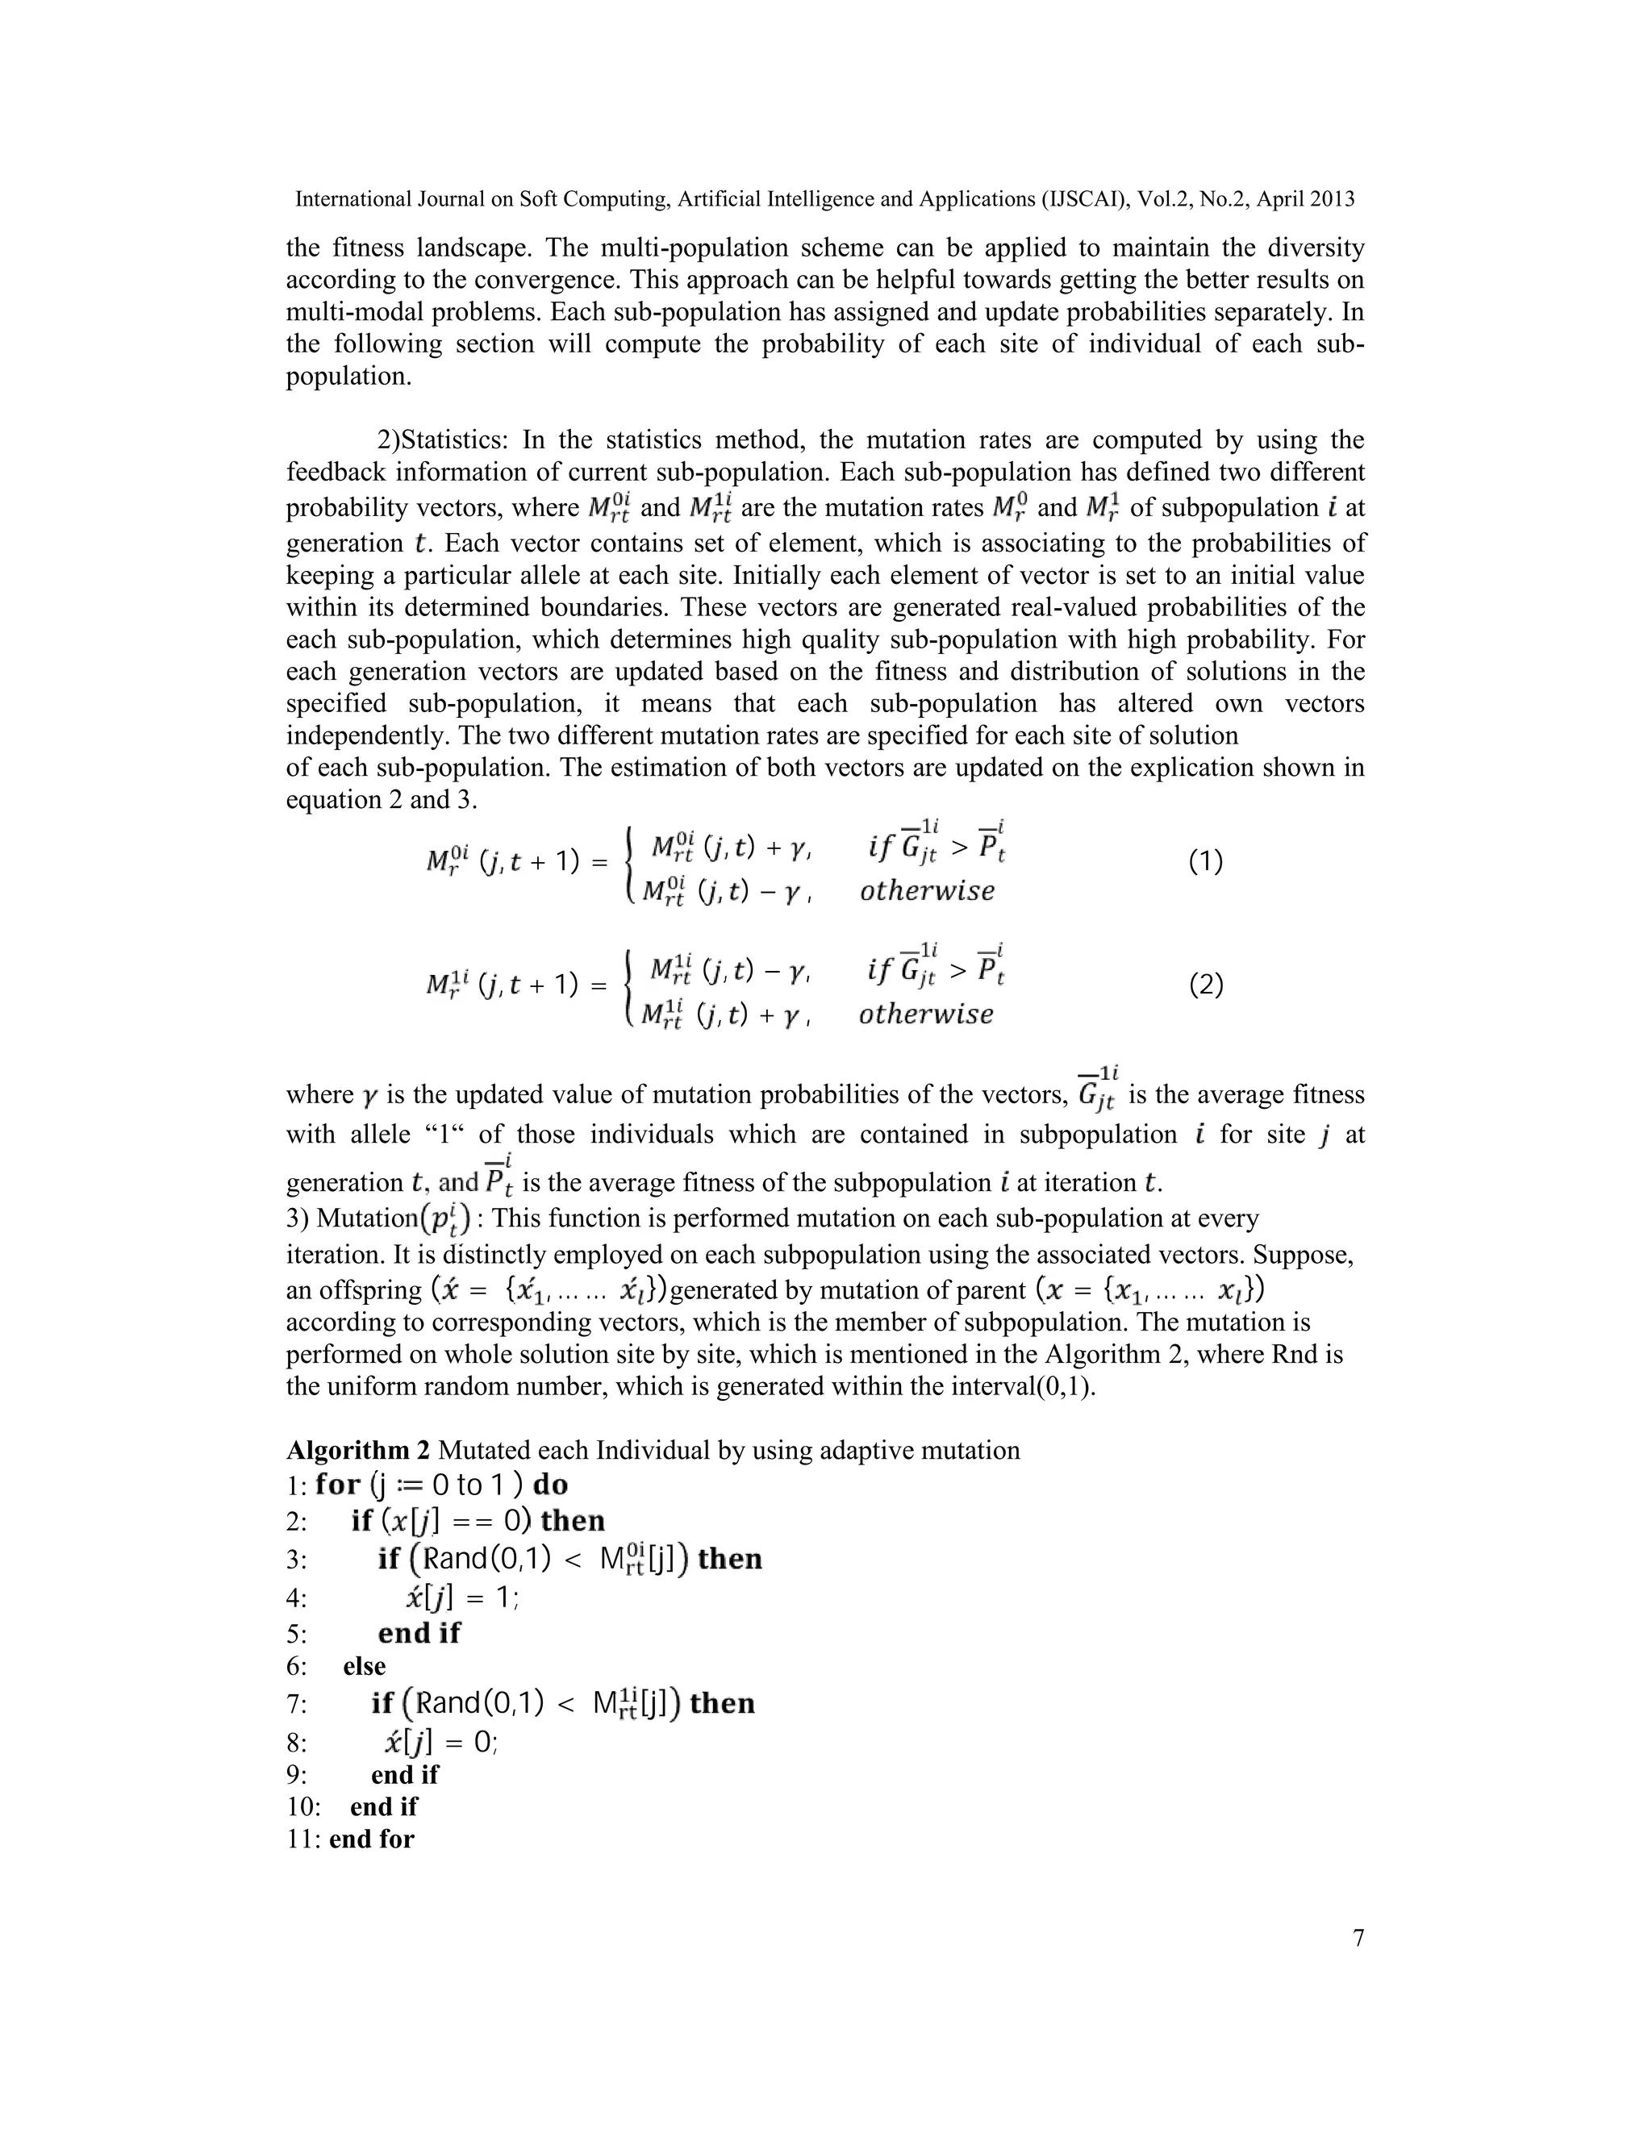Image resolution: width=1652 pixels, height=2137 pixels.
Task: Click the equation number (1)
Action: click(1205, 862)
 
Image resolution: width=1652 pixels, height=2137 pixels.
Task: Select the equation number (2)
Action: click(1205, 985)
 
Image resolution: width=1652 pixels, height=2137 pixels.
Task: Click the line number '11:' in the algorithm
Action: click(303, 1839)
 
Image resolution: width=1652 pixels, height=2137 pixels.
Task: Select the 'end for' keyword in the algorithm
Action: click(372, 1839)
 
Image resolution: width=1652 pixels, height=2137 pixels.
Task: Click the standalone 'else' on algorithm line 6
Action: click(364, 1666)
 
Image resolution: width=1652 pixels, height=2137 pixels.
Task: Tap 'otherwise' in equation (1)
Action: click(927, 891)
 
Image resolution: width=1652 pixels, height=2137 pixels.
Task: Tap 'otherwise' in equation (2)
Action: click(926, 1014)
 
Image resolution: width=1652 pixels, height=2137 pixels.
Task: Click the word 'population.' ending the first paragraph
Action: click(349, 377)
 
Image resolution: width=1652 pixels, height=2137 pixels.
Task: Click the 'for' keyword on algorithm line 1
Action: click(339, 1485)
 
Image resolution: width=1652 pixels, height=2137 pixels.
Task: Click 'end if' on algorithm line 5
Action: click(419, 1633)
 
